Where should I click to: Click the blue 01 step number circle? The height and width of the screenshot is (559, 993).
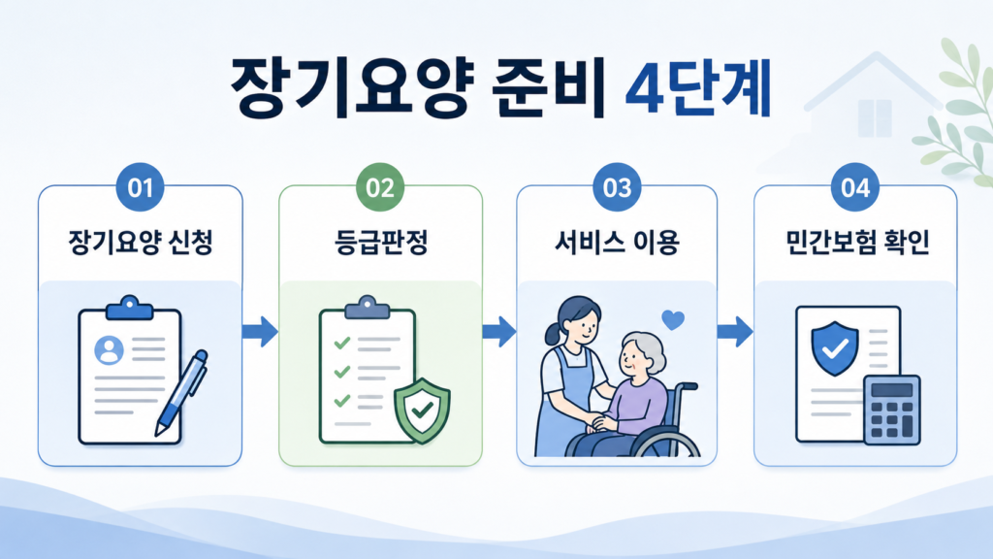pyautogui.click(x=140, y=187)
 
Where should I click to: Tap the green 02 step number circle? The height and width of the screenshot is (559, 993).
pyautogui.click(x=380, y=187)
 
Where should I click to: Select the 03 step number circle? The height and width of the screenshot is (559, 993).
pyautogui.click(x=617, y=187)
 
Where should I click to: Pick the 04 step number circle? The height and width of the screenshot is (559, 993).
pyautogui.click(x=855, y=187)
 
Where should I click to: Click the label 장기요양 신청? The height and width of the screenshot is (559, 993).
pyautogui.click(x=140, y=242)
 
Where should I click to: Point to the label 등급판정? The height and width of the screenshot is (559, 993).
pyautogui.click(x=380, y=242)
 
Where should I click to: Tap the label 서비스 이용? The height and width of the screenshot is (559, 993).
pyautogui.click(x=617, y=242)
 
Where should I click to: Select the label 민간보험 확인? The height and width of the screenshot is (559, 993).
pyautogui.click(x=857, y=242)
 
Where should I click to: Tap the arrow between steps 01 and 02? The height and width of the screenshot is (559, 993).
pyautogui.click(x=260, y=331)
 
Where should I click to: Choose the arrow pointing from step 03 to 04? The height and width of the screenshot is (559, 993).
pyautogui.click(x=735, y=331)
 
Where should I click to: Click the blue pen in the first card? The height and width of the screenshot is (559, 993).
pyautogui.click(x=181, y=394)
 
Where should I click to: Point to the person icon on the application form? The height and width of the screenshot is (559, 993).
pyautogui.click(x=109, y=350)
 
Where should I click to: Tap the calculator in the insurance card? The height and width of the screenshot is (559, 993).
pyautogui.click(x=892, y=410)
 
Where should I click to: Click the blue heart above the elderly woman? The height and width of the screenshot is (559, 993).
pyautogui.click(x=673, y=320)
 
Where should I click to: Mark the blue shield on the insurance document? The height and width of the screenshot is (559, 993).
pyautogui.click(x=835, y=348)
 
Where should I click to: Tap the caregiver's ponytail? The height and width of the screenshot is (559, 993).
pyautogui.click(x=552, y=334)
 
